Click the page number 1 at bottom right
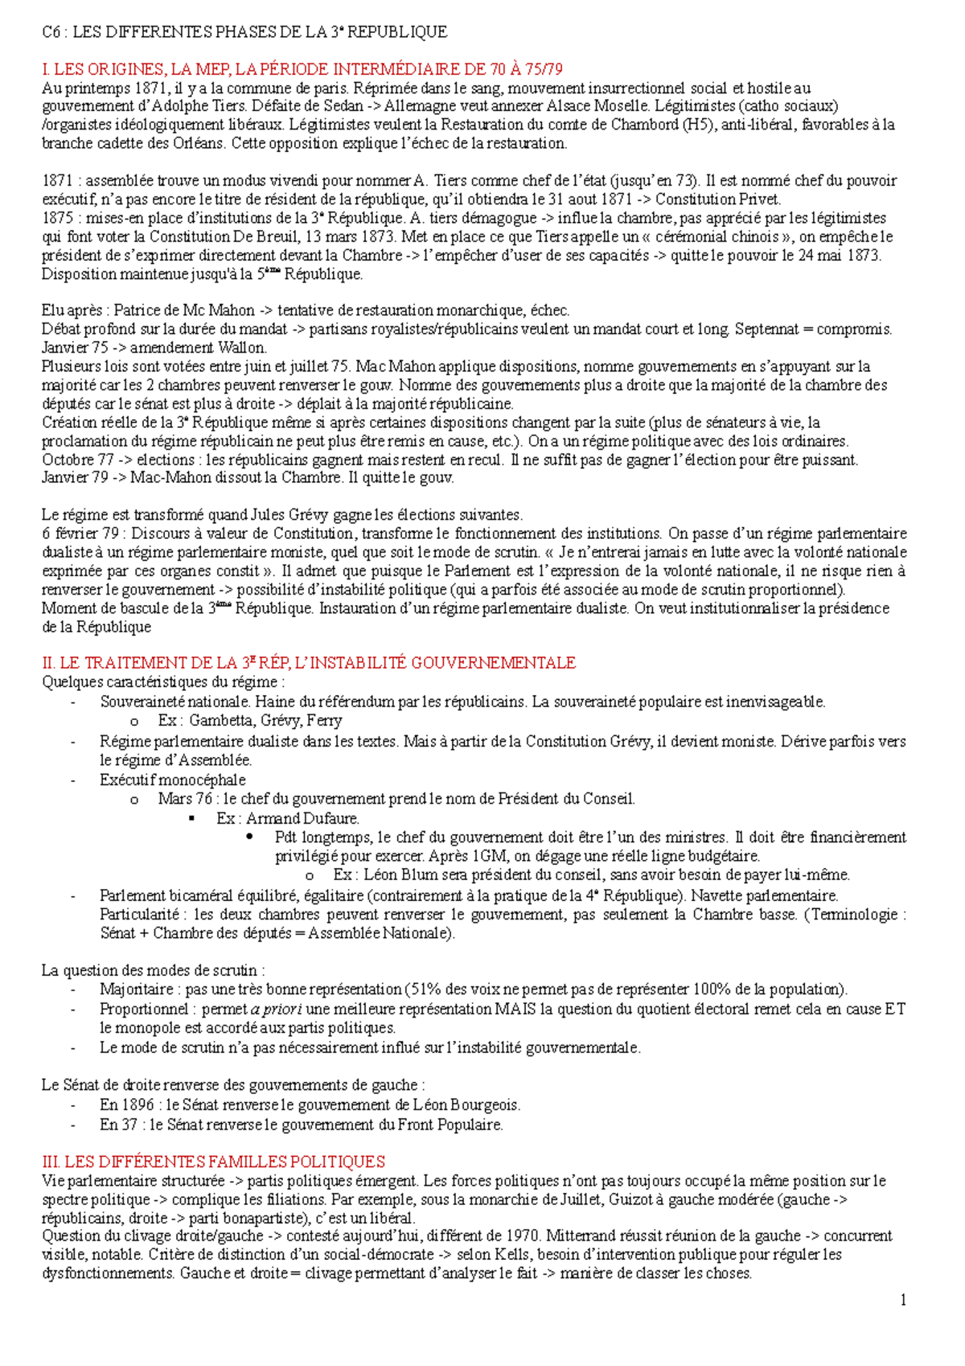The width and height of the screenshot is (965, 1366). pyautogui.click(x=903, y=1300)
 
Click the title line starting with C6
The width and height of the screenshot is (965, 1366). pyautogui.click(x=244, y=32)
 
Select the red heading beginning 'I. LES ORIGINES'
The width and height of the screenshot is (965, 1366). pyautogui.click(x=302, y=70)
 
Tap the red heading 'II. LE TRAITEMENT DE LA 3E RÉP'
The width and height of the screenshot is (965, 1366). pyautogui.click(x=308, y=663)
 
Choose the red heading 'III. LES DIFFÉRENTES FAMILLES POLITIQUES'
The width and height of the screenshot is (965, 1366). pyautogui.click(x=213, y=1162)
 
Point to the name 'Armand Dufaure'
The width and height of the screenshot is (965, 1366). pyautogui.click(x=302, y=818)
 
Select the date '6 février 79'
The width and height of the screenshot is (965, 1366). pyautogui.click(x=81, y=533)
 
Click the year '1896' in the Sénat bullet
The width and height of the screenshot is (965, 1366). pyautogui.click(x=138, y=1105)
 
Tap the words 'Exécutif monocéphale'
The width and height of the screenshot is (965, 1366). pyautogui.click(x=173, y=780)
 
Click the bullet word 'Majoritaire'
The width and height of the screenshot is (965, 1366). pyautogui.click(x=136, y=990)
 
